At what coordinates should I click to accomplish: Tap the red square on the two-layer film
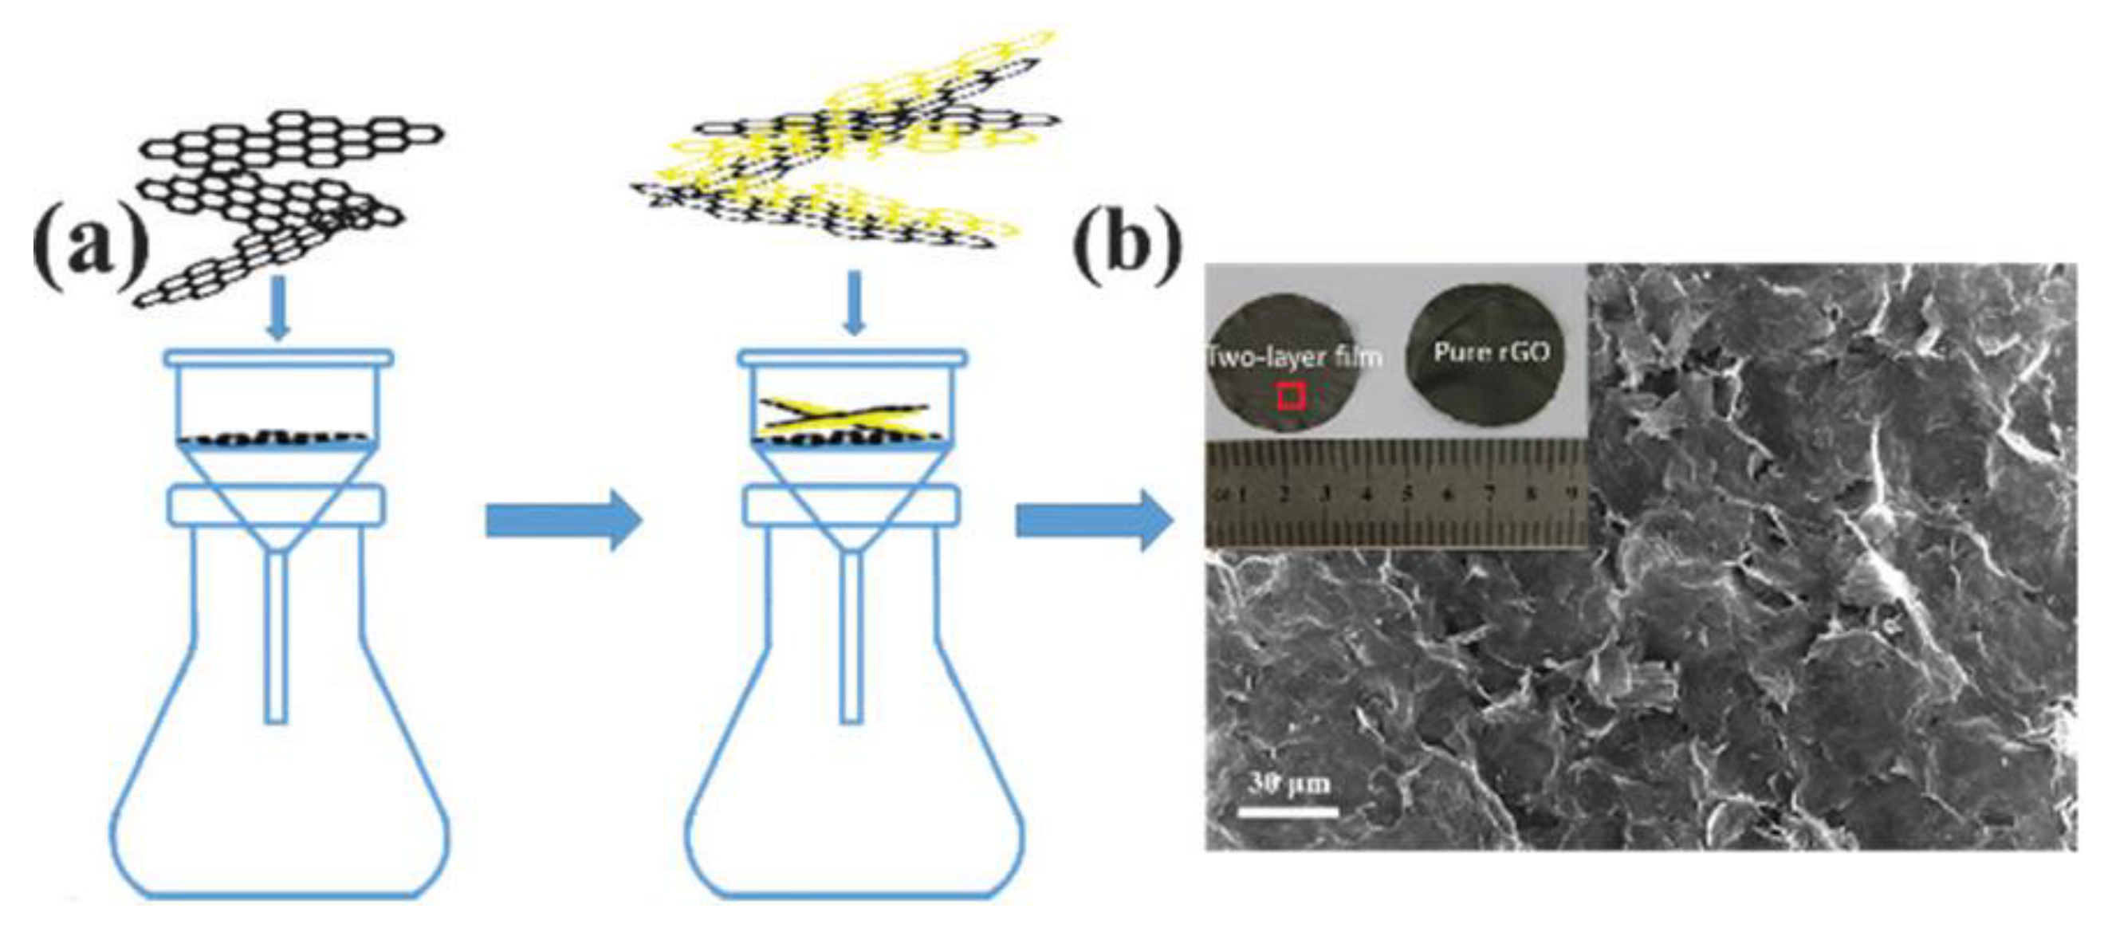(1292, 397)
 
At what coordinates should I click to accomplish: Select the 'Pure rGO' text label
(1492, 352)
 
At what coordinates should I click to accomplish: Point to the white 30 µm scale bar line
(1288, 812)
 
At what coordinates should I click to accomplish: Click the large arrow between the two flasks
(564, 521)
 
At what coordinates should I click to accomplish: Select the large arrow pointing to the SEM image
(1094, 521)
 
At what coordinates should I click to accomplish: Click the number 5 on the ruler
(1409, 494)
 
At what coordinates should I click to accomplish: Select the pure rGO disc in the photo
(1492, 360)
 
